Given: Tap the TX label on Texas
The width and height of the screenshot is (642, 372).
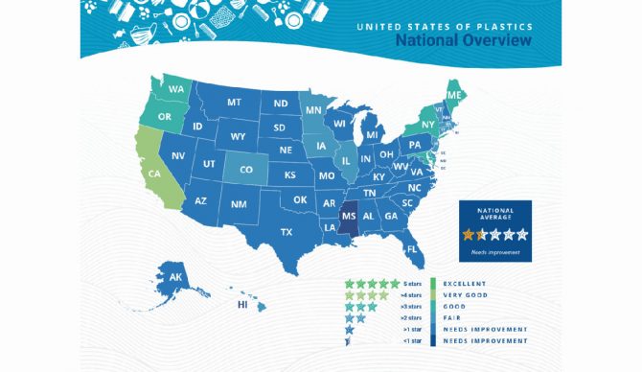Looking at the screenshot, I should click(x=286, y=232).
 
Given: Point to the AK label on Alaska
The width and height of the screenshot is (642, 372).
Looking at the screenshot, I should click(x=176, y=277).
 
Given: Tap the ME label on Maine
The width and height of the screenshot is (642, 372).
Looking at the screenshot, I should click(x=451, y=96).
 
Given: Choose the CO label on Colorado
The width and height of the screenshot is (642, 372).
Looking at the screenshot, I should click(x=246, y=170).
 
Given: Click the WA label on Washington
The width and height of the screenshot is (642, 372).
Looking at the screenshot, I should click(x=177, y=90).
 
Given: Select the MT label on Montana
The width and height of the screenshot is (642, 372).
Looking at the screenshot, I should click(x=234, y=103).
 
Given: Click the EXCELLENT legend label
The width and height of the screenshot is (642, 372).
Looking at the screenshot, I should click(x=467, y=284).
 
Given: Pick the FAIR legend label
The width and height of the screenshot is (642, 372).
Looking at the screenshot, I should click(x=454, y=317).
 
